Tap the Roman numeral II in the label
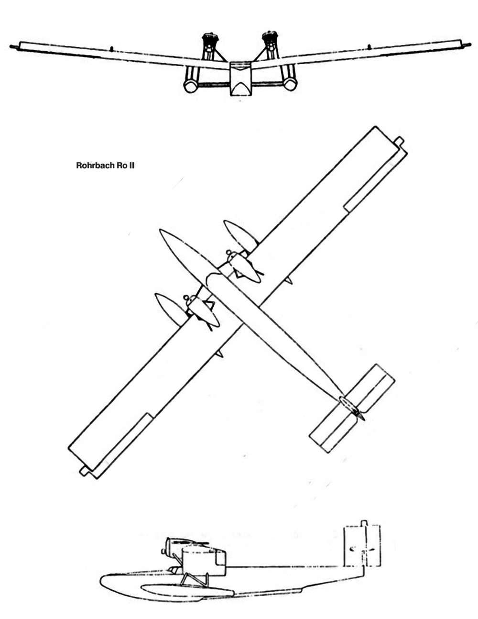click(131, 166)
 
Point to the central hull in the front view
click(241, 79)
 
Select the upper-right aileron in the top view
click(376, 179)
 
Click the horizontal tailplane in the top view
click(352, 408)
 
